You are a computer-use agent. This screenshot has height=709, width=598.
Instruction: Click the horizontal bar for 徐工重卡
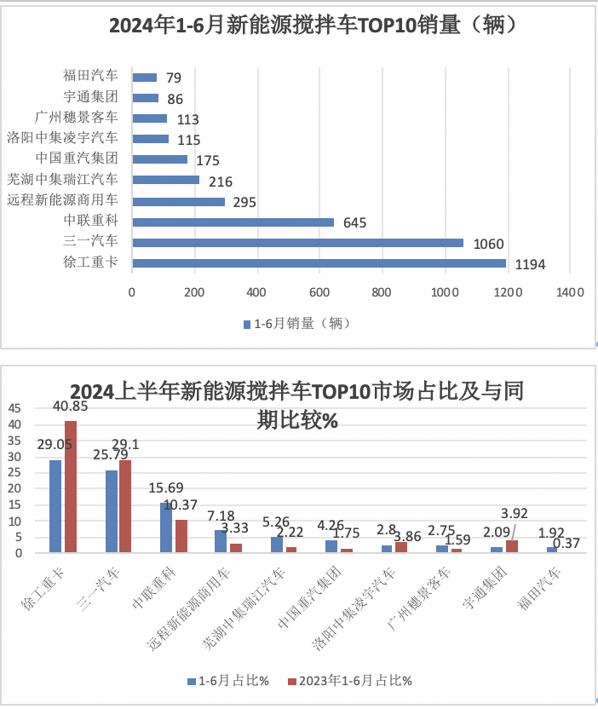click(319, 262)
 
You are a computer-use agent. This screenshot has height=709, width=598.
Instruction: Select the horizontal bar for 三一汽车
click(297, 242)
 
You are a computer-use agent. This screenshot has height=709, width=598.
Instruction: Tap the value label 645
click(354, 222)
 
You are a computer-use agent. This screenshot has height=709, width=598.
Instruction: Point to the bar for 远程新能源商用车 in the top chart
click(178, 201)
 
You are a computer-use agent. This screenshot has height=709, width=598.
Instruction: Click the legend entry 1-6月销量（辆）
click(296, 324)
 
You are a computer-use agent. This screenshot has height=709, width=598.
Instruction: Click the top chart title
click(313, 26)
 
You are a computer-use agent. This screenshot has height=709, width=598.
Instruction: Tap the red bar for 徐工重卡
click(71, 487)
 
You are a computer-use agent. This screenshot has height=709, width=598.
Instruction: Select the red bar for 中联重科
click(181, 536)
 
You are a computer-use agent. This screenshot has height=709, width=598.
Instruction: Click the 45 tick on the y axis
click(14, 408)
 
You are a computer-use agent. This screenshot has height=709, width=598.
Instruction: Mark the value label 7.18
click(227, 516)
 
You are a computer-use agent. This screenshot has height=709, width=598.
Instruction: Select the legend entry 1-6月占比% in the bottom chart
click(228, 681)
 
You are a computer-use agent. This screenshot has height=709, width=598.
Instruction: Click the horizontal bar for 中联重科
click(233, 222)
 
